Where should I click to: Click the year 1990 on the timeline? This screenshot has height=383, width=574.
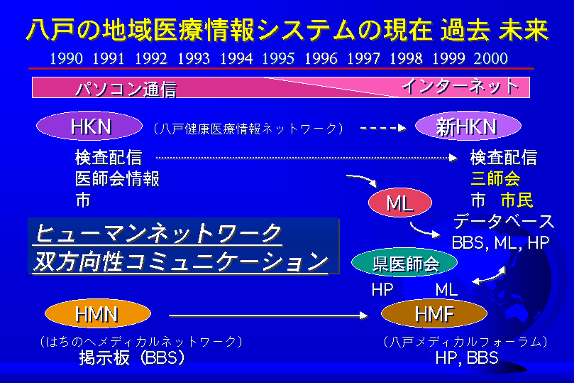click(66, 59)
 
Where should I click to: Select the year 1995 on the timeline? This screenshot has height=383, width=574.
click(278, 59)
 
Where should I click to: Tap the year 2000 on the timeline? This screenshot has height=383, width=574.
click(490, 59)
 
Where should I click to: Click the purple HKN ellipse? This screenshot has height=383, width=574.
click(89, 126)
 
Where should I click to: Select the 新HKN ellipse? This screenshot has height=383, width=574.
click(468, 126)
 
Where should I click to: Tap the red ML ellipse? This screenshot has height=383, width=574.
click(399, 203)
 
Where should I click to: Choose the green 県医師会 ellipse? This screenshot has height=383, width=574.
click(404, 262)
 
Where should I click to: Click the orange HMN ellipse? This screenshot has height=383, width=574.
click(98, 314)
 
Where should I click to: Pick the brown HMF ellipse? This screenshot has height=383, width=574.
click(434, 314)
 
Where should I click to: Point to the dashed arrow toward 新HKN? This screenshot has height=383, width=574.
click(383, 128)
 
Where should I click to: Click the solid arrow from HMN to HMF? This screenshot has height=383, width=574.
click(268, 315)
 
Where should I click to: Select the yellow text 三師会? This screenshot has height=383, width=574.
click(495, 179)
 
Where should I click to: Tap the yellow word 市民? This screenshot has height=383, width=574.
click(517, 200)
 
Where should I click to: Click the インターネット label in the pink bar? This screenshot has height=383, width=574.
click(460, 87)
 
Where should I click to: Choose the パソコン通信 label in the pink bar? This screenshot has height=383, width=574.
click(126, 89)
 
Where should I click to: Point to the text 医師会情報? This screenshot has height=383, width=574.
click(117, 179)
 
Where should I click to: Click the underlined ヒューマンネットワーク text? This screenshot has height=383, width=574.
click(158, 234)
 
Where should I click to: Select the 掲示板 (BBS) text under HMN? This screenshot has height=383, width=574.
click(132, 357)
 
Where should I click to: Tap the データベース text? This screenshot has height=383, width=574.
click(504, 222)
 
